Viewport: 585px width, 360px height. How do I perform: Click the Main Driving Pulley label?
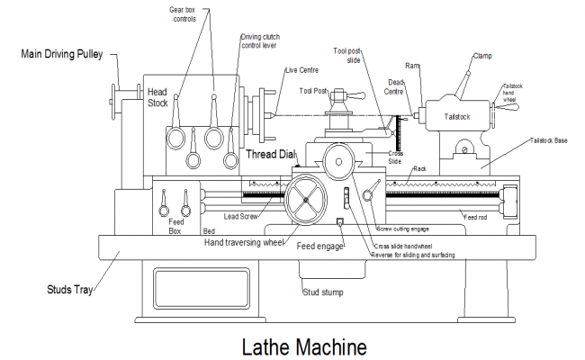(x=64, y=54)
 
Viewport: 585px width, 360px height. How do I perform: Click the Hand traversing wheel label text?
(x=244, y=242)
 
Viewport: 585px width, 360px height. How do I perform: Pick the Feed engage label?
(x=320, y=245)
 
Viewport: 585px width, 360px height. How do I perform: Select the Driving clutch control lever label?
(x=262, y=41)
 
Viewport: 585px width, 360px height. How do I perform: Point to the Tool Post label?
(x=312, y=91)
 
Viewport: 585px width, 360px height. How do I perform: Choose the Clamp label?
(x=483, y=56)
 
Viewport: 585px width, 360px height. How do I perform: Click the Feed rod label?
(x=476, y=217)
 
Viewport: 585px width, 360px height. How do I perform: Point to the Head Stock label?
(x=157, y=97)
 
